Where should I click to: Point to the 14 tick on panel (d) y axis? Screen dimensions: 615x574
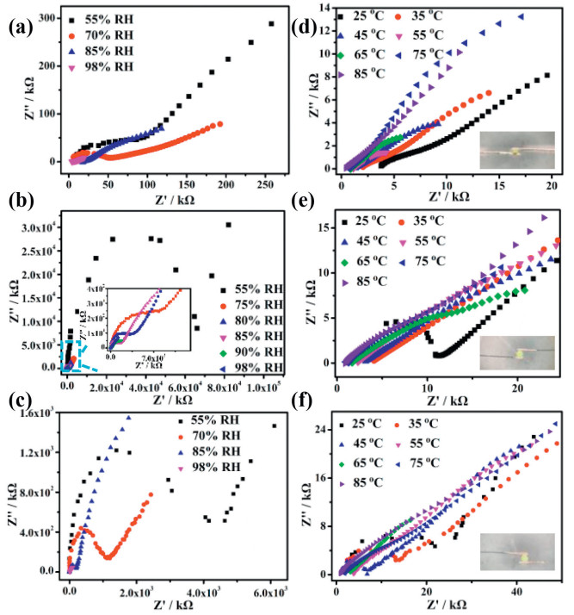328,8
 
